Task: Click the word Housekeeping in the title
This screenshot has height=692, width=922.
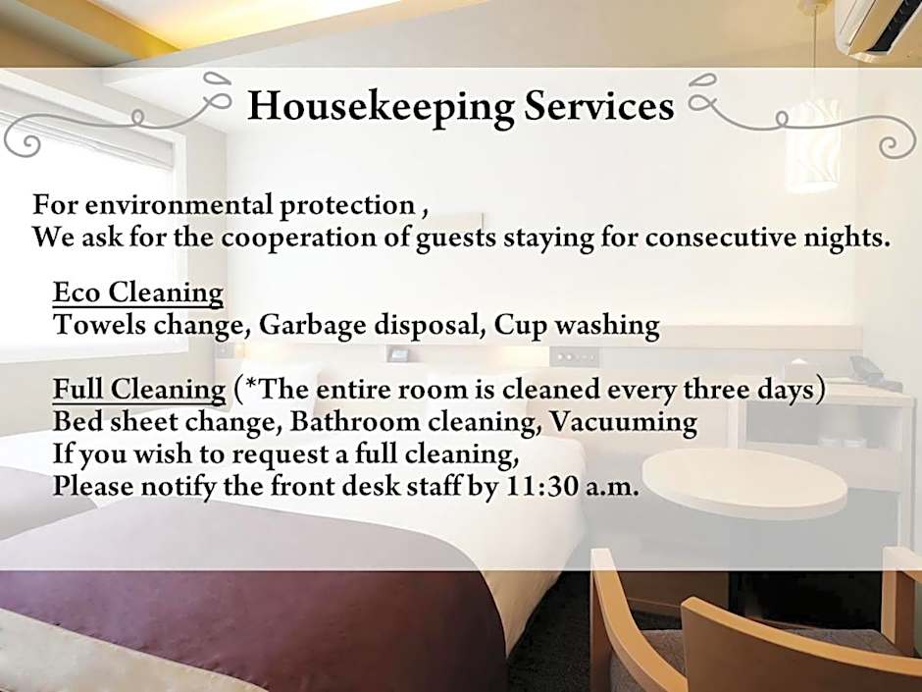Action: pyautogui.click(x=381, y=108)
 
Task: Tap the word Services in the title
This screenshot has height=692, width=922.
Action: pyautogui.click(x=598, y=106)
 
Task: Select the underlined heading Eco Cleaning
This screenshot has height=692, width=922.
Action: pyautogui.click(x=138, y=293)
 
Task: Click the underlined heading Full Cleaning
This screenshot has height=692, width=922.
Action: pyautogui.click(x=139, y=390)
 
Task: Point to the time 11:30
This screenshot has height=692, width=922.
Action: pyautogui.click(x=541, y=487)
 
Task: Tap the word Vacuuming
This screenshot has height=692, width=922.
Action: pyautogui.click(x=623, y=422)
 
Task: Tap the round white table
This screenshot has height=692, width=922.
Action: pyautogui.click(x=744, y=483)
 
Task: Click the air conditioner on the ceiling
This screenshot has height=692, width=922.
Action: pyautogui.click(x=878, y=27)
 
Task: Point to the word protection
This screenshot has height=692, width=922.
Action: pyautogui.click(x=347, y=206)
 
